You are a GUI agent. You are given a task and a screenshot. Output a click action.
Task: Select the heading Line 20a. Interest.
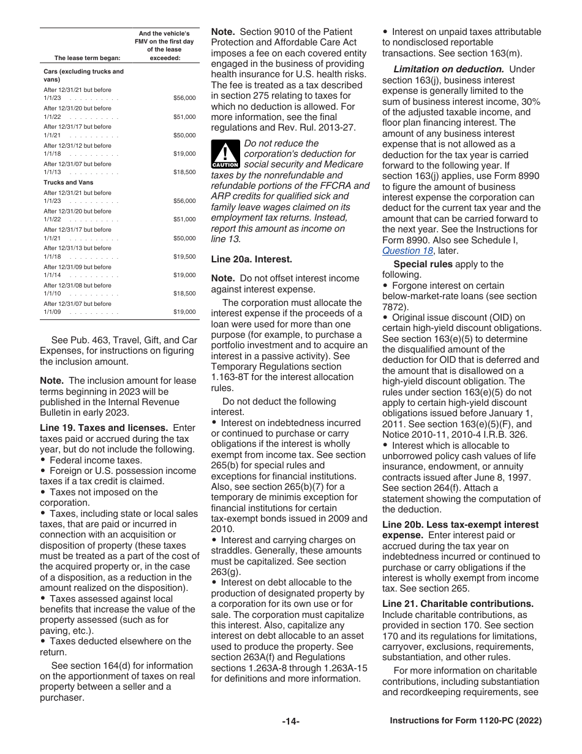251,259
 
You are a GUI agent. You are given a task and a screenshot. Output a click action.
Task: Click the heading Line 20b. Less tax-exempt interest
460,525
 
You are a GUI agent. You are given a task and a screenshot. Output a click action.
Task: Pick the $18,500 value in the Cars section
184,172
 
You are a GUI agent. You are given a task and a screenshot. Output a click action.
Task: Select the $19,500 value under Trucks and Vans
184,257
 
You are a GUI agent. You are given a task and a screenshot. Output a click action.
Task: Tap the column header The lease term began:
87,58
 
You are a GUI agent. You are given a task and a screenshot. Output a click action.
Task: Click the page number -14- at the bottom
291,722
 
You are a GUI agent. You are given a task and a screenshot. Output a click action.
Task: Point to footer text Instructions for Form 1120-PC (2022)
466,721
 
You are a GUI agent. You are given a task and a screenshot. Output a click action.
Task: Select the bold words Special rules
423,264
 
